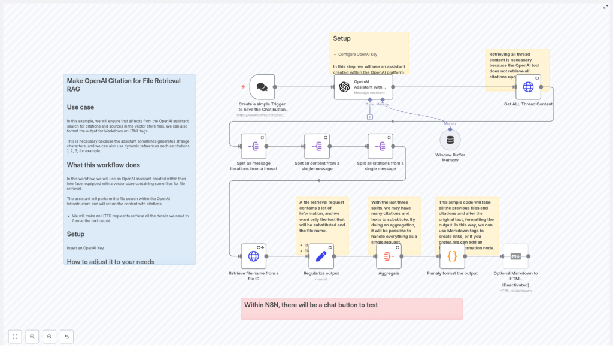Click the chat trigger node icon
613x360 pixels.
point(262,87)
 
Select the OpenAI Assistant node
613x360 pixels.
point(363,87)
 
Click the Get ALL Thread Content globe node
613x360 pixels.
point(528,87)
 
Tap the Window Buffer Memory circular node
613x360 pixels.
point(450,140)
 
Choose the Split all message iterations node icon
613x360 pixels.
point(253,146)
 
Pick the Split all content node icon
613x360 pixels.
point(317,146)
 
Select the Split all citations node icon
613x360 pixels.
point(380,146)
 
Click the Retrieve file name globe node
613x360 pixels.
point(253,256)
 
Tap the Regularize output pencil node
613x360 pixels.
point(321,256)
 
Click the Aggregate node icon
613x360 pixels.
point(389,256)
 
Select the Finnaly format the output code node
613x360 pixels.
point(452,256)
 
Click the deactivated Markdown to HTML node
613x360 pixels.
point(515,256)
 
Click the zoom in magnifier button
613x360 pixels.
point(32,337)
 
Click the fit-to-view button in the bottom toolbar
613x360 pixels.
point(15,337)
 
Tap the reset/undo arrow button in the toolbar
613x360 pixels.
point(66,337)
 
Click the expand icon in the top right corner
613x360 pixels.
point(605,7)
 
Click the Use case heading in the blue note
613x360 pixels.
point(80,107)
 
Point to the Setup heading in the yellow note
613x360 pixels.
point(342,38)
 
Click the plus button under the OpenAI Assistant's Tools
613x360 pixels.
point(370,117)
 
